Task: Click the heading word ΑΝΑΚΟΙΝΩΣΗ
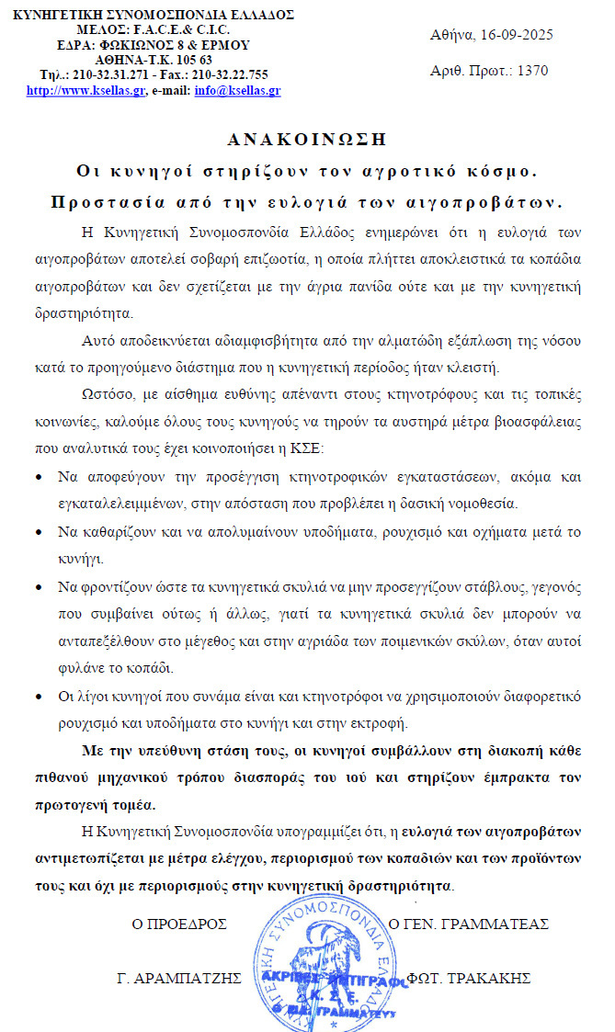tap(306, 140)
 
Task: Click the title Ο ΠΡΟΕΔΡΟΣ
tap(180, 923)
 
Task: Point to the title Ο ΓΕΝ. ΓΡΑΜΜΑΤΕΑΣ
tap(469, 923)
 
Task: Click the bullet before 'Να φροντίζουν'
tap(37, 585)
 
